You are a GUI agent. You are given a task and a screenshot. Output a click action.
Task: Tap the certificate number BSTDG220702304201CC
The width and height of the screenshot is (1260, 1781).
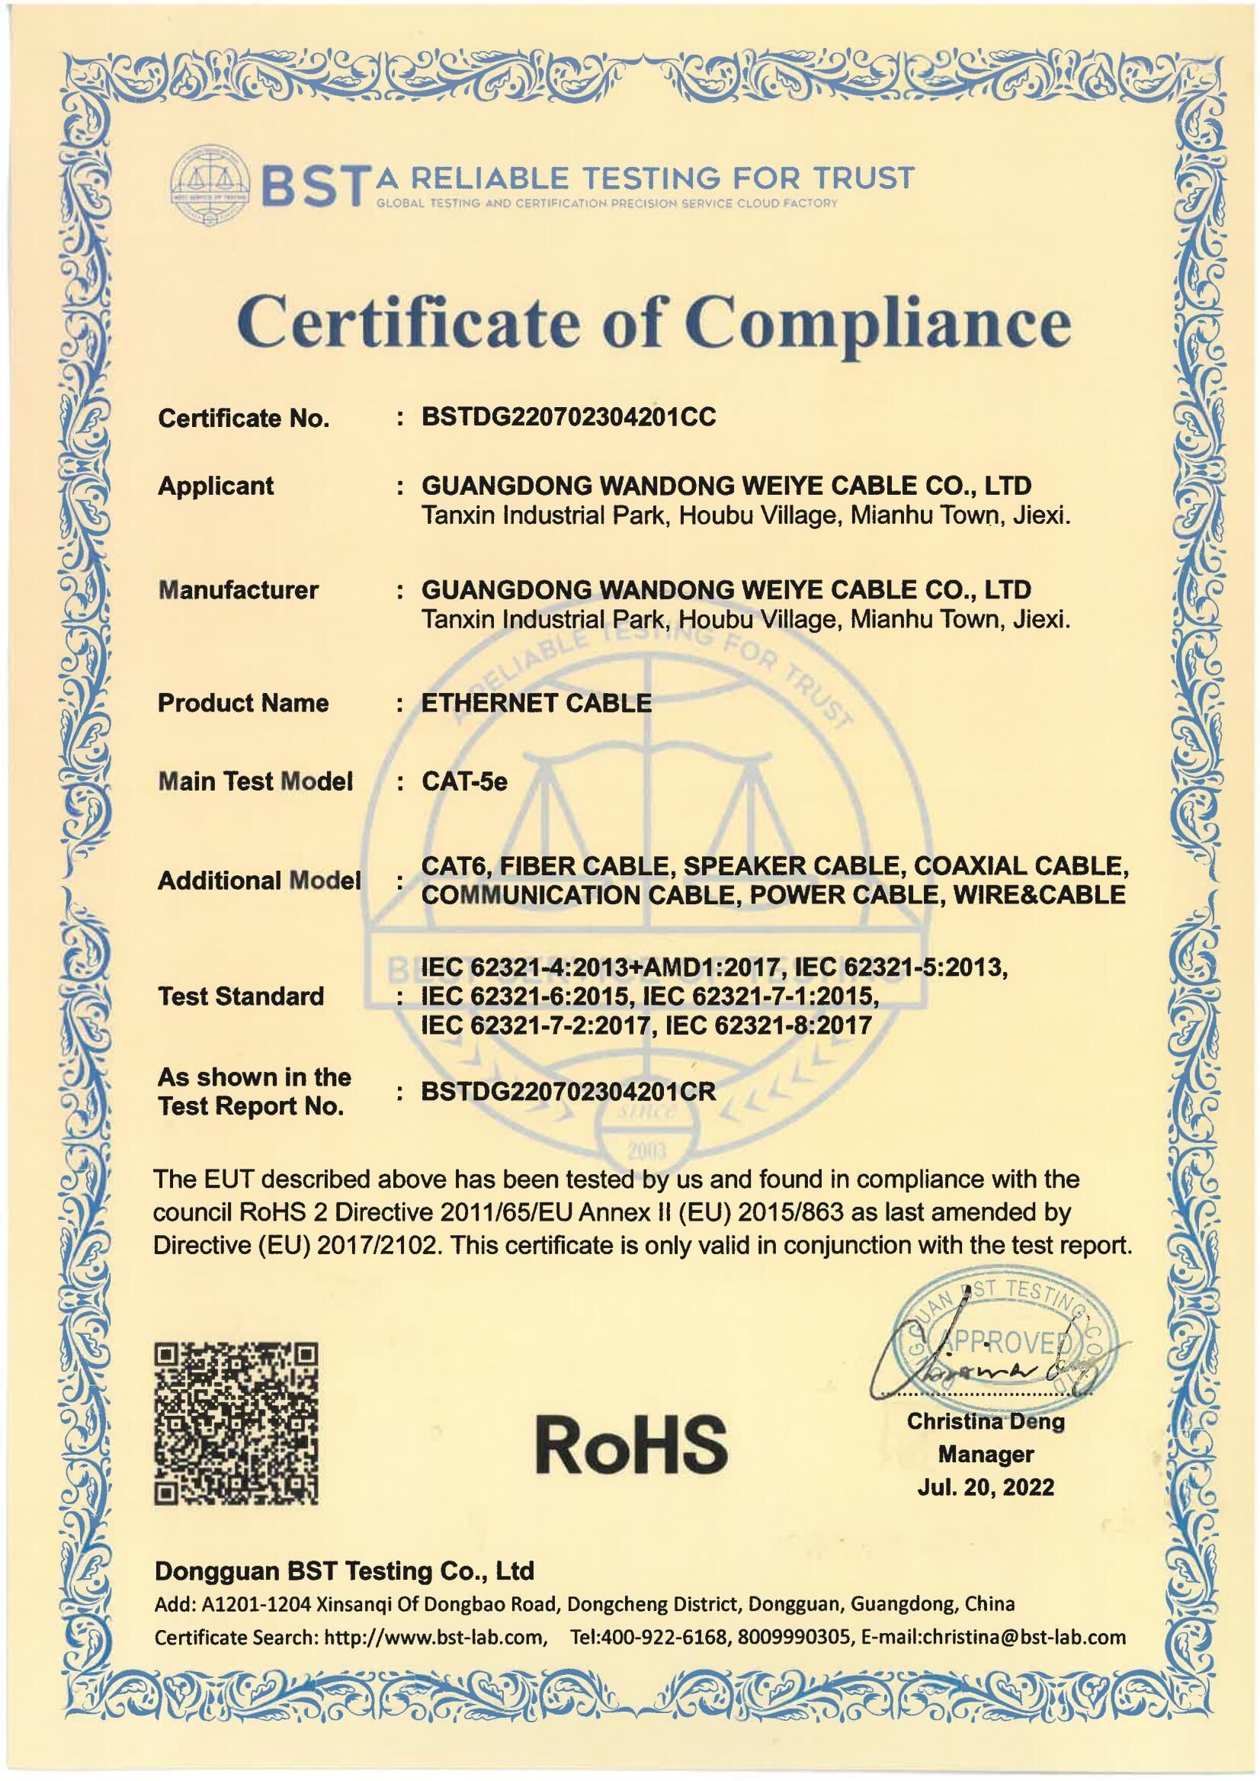pyautogui.click(x=569, y=418)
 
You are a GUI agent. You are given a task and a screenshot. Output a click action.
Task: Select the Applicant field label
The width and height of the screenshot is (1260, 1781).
pyautogui.click(x=216, y=486)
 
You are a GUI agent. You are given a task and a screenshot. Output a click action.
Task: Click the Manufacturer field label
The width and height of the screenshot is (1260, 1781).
pyautogui.click(x=238, y=590)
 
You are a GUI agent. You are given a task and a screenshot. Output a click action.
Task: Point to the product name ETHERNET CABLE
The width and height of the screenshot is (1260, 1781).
pyautogui.click(x=536, y=703)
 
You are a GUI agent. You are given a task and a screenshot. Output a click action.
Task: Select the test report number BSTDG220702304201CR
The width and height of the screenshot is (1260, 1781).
pyautogui.click(x=569, y=1092)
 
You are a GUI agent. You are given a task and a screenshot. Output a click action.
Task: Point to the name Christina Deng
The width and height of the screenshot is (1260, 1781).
pyautogui.click(x=986, y=1421)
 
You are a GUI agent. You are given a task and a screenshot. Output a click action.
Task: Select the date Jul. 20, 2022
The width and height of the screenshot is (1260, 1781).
pyautogui.click(x=986, y=1487)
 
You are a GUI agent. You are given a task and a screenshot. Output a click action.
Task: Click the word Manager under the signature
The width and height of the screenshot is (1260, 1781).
pyautogui.click(x=986, y=1454)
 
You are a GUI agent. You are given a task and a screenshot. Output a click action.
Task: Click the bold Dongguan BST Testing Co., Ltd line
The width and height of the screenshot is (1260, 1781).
pyautogui.click(x=345, y=1571)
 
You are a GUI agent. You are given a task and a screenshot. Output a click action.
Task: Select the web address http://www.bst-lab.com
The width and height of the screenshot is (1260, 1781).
pyautogui.click(x=434, y=1638)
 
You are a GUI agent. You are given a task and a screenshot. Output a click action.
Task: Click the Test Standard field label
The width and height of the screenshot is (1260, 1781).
pyautogui.click(x=241, y=996)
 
